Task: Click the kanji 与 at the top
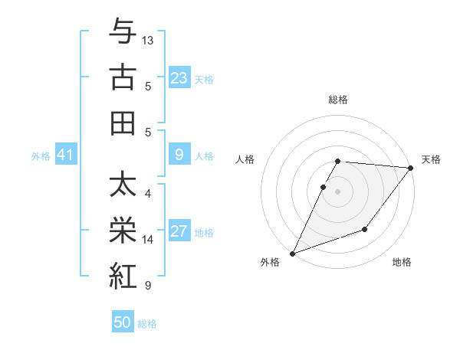click(x=123, y=31)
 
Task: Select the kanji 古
click(x=123, y=77)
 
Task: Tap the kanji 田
click(x=123, y=123)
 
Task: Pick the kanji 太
click(x=123, y=185)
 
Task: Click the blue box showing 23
click(x=179, y=78)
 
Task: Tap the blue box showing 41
click(x=65, y=155)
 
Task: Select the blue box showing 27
click(x=179, y=232)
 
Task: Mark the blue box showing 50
click(x=123, y=322)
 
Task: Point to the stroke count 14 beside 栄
click(x=148, y=239)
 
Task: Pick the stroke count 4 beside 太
click(x=148, y=193)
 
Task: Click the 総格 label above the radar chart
click(x=338, y=100)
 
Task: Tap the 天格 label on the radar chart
click(x=431, y=160)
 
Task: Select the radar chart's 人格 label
click(x=245, y=160)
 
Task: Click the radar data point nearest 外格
click(x=292, y=254)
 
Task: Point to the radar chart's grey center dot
click(x=338, y=191)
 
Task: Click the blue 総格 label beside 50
click(x=147, y=324)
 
